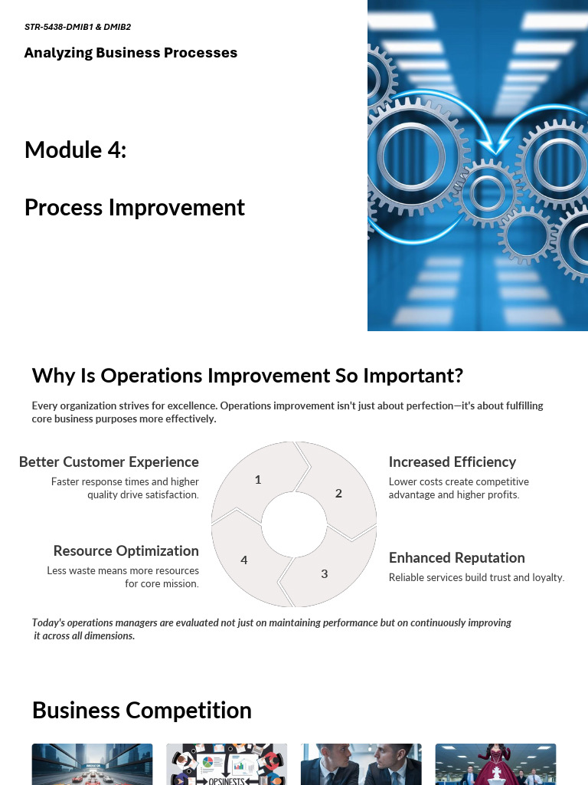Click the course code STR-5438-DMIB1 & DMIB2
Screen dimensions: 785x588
click(77, 27)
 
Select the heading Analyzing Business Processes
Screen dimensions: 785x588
click(131, 53)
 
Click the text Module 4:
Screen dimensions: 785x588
click(75, 149)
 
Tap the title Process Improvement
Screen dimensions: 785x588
click(135, 208)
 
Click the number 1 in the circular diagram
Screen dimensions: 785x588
click(258, 480)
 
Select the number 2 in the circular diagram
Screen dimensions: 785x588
click(338, 494)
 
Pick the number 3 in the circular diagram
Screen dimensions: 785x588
click(325, 573)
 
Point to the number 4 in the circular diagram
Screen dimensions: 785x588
click(244, 560)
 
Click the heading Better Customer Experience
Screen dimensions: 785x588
click(109, 462)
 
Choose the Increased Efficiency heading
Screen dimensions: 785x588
click(452, 462)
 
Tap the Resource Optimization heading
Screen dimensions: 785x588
click(126, 551)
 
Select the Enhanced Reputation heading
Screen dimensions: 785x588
click(457, 558)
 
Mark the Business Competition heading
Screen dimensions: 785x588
click(142, 711)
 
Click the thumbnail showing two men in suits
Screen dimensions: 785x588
click(361, 764)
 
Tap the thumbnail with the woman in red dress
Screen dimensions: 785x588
click(495, 764)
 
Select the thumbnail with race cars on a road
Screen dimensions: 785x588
click(92, 764)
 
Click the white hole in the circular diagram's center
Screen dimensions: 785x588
click(294, 525)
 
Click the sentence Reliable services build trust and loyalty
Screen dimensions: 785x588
click(476, 578)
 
